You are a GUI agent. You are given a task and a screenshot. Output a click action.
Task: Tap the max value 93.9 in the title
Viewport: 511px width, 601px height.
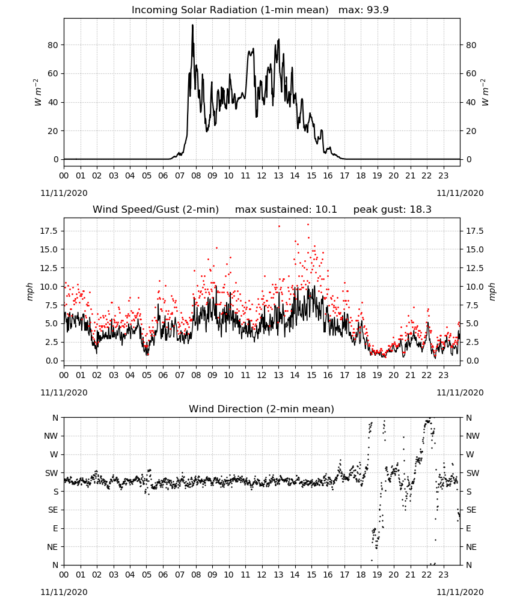click(x=378, y=10)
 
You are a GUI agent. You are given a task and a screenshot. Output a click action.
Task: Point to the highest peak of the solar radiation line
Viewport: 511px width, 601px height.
click(x=192, y=25)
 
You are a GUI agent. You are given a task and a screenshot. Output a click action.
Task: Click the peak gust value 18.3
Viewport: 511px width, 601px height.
click(x=421, y=210)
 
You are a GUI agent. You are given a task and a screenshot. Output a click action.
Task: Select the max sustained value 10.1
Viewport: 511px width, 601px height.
click(x=326, y=210)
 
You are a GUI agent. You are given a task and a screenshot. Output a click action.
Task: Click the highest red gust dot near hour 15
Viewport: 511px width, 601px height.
click(x=308, y=225)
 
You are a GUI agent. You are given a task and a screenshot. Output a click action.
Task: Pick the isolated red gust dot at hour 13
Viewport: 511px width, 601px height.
click(x=279, y=226)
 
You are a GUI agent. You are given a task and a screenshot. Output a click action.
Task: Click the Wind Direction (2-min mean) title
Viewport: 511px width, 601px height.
click(x=262, y=409)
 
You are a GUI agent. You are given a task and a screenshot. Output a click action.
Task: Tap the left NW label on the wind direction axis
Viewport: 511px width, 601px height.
click(x=51, y=436)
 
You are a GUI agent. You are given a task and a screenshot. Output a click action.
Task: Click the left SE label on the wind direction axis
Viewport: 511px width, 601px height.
click(x=53, y=510)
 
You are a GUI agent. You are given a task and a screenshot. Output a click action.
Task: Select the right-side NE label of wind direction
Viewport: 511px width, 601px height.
click(x=471, y=547)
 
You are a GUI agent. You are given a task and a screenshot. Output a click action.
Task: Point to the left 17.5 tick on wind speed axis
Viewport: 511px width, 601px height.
click(x=49, y=231)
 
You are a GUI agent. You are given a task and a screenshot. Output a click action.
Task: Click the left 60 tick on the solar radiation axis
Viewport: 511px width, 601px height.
click(x=53, y=73)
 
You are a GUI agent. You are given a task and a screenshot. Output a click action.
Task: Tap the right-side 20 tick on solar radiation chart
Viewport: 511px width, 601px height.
click(x=471, y=130)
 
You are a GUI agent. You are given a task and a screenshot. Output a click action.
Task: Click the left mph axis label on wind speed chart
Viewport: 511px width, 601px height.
click(x=30, y=291)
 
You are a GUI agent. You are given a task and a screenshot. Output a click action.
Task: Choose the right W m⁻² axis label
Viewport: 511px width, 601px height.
click(x=485, y=92)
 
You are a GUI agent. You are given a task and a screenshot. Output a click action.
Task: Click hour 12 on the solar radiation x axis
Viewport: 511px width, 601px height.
click(x=262, y=175)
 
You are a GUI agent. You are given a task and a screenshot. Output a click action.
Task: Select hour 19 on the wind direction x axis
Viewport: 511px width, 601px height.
click(x=377, y=575)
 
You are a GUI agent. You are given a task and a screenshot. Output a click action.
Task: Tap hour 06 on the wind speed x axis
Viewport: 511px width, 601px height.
click(x=163, y=375)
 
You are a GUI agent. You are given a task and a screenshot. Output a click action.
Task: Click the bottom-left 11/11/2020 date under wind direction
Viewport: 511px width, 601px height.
click(x=64, y=592)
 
